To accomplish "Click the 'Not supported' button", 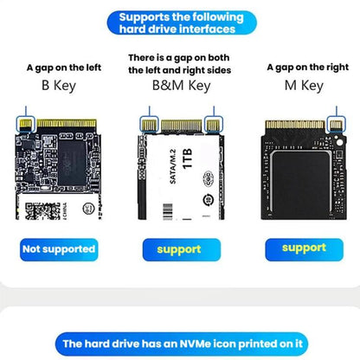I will coord(59,249).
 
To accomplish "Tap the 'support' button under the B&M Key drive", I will coord(178,249).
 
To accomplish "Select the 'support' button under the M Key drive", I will coord(303,248).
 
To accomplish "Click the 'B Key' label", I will coord(59,86).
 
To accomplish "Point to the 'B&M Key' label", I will coord(181,86).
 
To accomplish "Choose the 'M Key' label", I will coord(303,86).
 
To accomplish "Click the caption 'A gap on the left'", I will coord(59,67).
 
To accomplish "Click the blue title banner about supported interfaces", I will coord(180,22).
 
